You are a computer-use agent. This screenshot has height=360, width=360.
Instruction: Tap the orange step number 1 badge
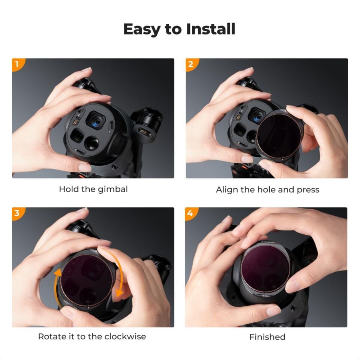[17, 64]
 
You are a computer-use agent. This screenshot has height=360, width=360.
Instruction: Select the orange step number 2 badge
[190, 64]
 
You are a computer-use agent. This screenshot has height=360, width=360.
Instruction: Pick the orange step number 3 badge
[17, 213]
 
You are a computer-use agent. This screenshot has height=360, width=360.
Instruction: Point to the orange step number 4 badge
[190, 213]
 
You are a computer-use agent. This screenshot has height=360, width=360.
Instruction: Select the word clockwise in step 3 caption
[125, 336]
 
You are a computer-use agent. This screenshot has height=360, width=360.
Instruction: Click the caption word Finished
[267, 337]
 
